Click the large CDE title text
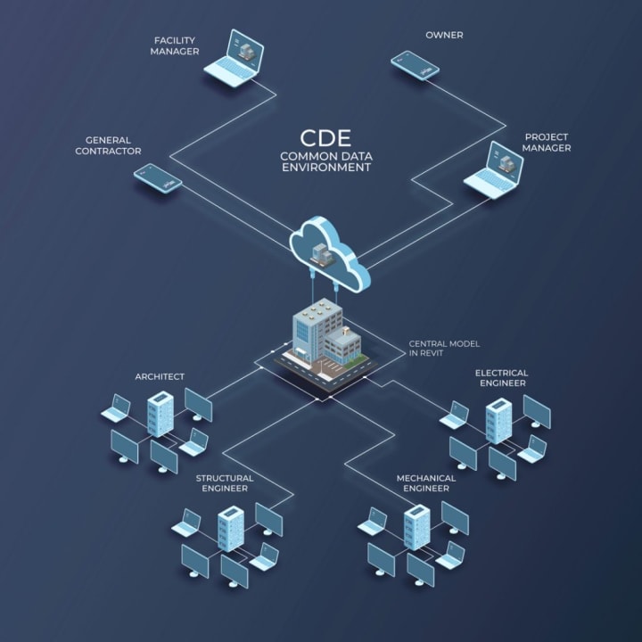pyautogui.click(x=325, y=138)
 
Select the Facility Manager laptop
pyautogui.click(x=235, y=59)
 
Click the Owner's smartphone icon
pyautogui.click(x=415, y=65)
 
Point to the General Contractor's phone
pyautogui.click(x=158, y=177)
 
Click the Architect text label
pyautogui.click(x=160, y=376)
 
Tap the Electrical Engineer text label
pyautogui.click(x=501, y=377)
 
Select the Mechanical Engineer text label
pyautogui.click(x=426, y=482)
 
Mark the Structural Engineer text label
pyautogui.click(x=225, y=482)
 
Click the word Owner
pyautogui.click(x=444, y=36)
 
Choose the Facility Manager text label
pyautogui.click(x=175, y=45)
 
